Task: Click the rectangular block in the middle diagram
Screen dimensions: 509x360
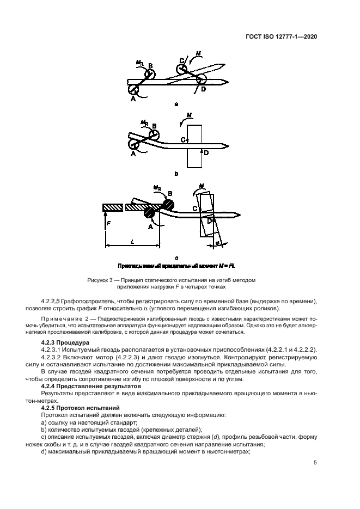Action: pos(194,146)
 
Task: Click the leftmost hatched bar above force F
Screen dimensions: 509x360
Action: pos(112,208)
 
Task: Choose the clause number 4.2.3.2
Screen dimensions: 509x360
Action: pos(53,357)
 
